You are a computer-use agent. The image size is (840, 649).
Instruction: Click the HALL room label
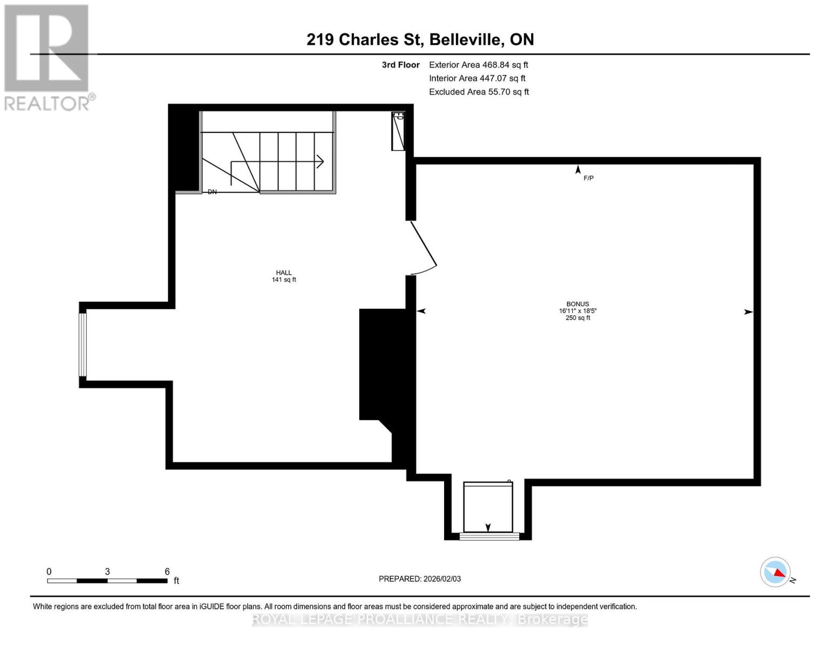pyautogui.click(x=283, y=273)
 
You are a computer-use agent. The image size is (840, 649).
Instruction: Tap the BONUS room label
pyautogui.click(x=577, y=304)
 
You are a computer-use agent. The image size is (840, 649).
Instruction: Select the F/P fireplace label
pyautogui.click(x=588, y=178)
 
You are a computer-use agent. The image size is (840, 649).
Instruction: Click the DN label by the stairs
pyautogui.click(x=212, y=192)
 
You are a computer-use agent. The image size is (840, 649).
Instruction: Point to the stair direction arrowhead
pyautogui.click(x=320, y=161)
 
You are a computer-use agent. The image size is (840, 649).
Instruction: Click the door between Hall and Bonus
pyautogui.click(x=423, y=247)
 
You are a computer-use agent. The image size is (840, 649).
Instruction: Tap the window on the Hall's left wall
pyautogui.click(x=83, y=345)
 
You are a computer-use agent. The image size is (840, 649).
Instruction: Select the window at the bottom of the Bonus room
pyautogui.click(x=489, y=537)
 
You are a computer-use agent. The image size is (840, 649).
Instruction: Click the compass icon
pyautogui.click(x=775, y=572)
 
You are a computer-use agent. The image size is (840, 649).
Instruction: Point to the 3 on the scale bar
pyautogui.click(x=107, y=572)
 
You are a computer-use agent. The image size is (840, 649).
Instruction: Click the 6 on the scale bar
pyautogui.click(x=167, y=572)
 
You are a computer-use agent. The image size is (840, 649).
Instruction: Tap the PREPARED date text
pyautogui.click(x=420, y=579)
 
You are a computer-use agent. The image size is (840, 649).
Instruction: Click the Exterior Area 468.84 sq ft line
pyautogui.click(x=478, y=65)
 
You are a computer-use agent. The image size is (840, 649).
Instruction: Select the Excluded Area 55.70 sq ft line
pyautogui.click(x=479, y=92)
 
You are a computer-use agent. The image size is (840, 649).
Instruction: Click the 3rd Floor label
pyautogui.click(x=400, y=65)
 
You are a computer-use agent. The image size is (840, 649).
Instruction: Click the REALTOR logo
pyautogui.click(x=48, y=57)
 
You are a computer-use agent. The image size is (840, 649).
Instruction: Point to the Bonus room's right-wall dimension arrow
pyautogui.click(x=748, y=312)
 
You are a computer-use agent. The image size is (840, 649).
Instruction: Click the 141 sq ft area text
pyautogui.click(x=283, y=280)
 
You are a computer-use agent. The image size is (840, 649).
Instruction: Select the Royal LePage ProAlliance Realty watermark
pyautogui.click(x=420, y=619)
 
